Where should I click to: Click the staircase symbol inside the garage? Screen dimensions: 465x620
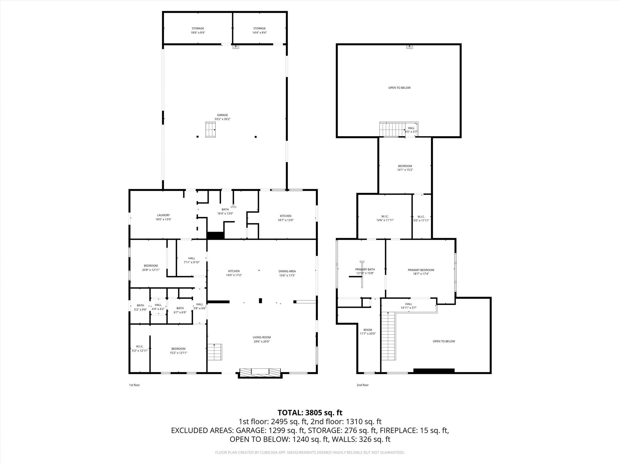pyautogui.click(x=210, y=130)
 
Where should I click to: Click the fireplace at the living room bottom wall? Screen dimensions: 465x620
pyautogui.click(x=260, y=372)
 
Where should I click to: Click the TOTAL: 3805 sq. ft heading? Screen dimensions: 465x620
pyautogui.click(x=310, y=413)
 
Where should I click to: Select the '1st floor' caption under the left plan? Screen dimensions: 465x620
pyautogui.click(x=134, y=385)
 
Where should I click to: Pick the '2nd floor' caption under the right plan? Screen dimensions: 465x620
pyautogui.click(x=362, y=385)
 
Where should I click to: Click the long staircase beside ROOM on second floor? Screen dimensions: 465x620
pyautogui.click(x=388, y=336)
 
